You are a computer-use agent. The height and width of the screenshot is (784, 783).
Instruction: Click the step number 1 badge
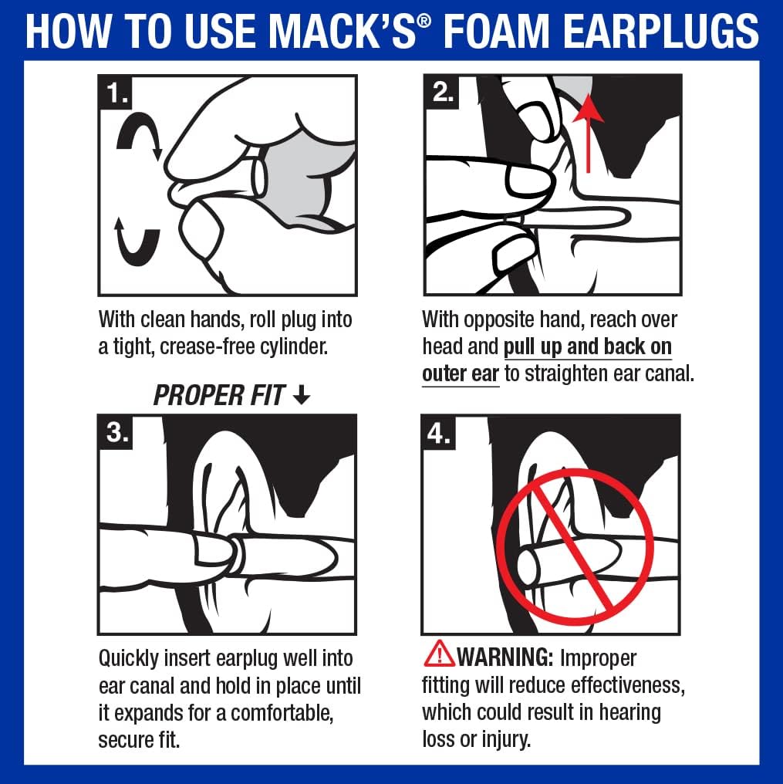tap(117, 93)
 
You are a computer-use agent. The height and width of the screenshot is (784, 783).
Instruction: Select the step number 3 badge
tap(117, 433)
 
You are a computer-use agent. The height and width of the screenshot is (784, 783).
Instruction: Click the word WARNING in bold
tap(505, 658)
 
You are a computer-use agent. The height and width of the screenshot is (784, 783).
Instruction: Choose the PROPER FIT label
tap(219, 396)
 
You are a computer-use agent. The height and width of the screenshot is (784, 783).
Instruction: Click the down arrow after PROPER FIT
tap(302, 396)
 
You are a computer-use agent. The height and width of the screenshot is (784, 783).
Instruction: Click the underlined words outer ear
tap(461, 373)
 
